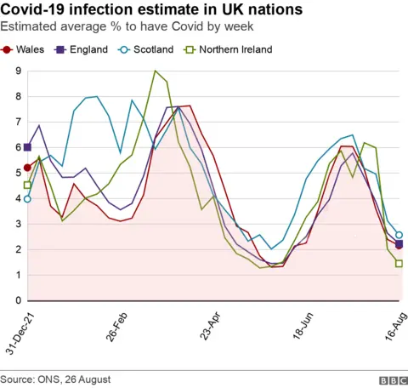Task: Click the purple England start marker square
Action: point(27,147)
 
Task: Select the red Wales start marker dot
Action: point(27,168)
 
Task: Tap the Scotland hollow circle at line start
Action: point(27,199)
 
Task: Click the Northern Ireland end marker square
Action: point(399,264)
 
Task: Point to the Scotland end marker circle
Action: point(399,235)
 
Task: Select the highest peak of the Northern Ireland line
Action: point(155,71)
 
